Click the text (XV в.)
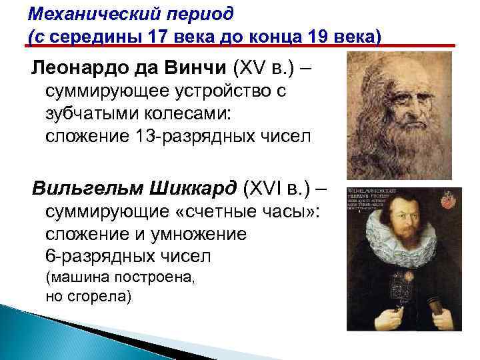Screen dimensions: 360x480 (x=266, y=68)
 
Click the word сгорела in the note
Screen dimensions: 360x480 (x=98, y=295)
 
